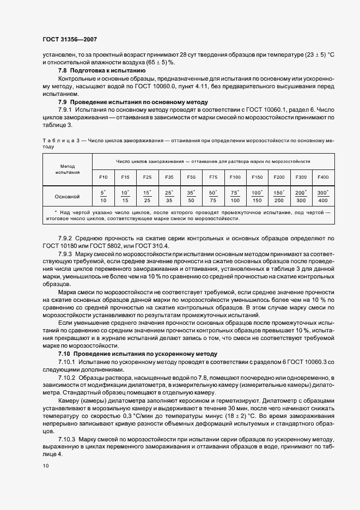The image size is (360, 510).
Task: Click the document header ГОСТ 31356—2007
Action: coord(69,39)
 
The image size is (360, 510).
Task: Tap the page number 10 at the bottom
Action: coord(45,466)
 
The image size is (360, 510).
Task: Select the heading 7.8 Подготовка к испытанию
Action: coord(101,71)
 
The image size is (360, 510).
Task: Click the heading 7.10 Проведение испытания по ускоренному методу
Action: coord(137,354)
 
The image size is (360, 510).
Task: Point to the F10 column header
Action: coord(103,177)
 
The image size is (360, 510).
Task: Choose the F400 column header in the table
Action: coord(323,177)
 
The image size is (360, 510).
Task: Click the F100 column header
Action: coord(235,177)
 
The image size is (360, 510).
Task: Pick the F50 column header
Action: coord(191,177)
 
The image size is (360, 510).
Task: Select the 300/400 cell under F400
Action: coord(323,197)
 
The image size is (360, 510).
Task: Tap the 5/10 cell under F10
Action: coord(103,197)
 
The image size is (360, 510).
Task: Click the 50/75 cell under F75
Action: coord(213,197)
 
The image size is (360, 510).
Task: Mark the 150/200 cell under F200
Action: coord(279,197)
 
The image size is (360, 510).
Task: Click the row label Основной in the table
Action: coord(68,196)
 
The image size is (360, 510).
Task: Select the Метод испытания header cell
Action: coord(68,168)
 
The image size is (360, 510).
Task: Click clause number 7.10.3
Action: coord(68,439)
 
